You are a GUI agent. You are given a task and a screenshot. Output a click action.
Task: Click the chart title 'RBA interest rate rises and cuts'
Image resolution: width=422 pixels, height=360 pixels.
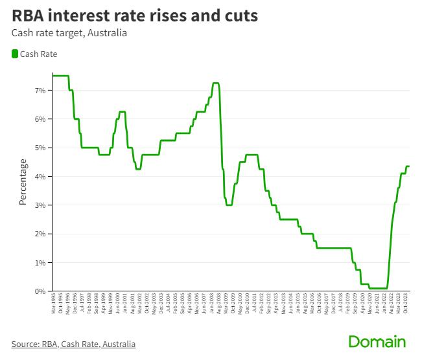134,16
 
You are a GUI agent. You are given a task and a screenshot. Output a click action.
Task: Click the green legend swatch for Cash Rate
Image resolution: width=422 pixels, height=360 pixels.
15,54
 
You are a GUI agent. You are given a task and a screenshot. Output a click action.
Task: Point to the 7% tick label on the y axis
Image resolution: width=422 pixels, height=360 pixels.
40,91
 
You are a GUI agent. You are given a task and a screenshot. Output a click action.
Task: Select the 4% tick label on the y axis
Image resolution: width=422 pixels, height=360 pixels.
40,177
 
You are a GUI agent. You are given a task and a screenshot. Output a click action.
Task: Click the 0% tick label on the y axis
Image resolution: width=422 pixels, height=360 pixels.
40,291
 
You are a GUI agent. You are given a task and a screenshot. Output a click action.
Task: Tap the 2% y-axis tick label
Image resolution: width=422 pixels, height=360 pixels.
40,234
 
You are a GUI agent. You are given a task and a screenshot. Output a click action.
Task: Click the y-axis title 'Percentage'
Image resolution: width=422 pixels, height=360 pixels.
23,182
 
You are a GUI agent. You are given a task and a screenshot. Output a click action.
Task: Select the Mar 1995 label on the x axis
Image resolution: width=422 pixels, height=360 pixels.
54,307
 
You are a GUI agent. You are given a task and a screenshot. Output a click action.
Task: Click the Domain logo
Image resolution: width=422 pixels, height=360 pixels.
377,342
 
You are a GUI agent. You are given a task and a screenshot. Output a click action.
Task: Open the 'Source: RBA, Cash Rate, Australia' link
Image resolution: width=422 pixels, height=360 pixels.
73,343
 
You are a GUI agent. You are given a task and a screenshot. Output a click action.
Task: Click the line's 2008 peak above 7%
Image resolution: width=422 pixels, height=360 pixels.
216,83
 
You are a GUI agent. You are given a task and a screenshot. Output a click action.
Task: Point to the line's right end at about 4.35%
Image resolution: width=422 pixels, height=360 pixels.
408,166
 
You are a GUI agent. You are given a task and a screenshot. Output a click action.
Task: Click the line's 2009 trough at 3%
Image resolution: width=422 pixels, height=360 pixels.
229,205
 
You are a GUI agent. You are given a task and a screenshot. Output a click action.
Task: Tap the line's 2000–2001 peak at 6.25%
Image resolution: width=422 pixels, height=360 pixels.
122,111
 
